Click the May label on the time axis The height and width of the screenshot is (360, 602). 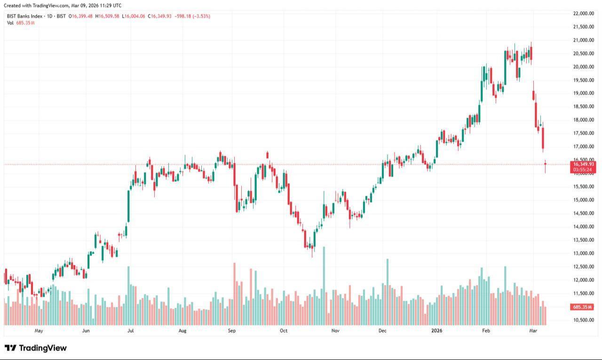[x=39, y=331]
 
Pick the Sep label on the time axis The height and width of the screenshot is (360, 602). [x=231, y=331]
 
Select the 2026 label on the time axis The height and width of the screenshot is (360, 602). [x=438, y=331]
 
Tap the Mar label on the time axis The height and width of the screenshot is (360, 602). [x=533, y=331]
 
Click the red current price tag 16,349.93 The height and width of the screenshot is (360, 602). [x=583, y=164]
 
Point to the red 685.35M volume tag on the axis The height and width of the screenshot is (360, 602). [x=582, y=307]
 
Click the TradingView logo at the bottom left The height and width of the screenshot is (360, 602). [x=36, y=348]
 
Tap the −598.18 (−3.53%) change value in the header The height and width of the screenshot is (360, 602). [x=192, y=16]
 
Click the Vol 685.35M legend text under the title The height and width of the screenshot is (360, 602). [x=21, y=23]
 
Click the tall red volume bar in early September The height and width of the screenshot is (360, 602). [x=234, y=294]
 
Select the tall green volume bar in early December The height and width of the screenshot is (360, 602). [x=388, y=292]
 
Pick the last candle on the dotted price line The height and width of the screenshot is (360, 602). [x=546, y=166]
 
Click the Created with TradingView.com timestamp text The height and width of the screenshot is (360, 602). [x=63, y=5]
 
